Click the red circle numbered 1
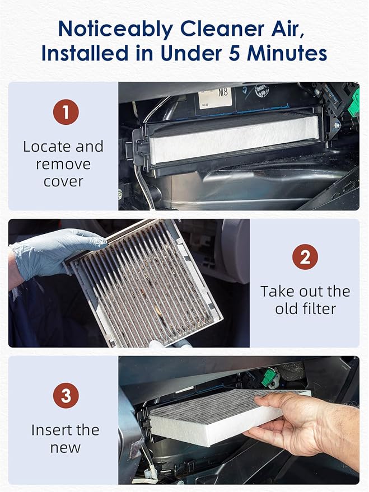click(x=66, y=113)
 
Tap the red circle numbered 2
click(x=305, y=257)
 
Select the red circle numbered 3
click(x=66, y=396)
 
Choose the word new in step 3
click(x=65, y=448)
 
